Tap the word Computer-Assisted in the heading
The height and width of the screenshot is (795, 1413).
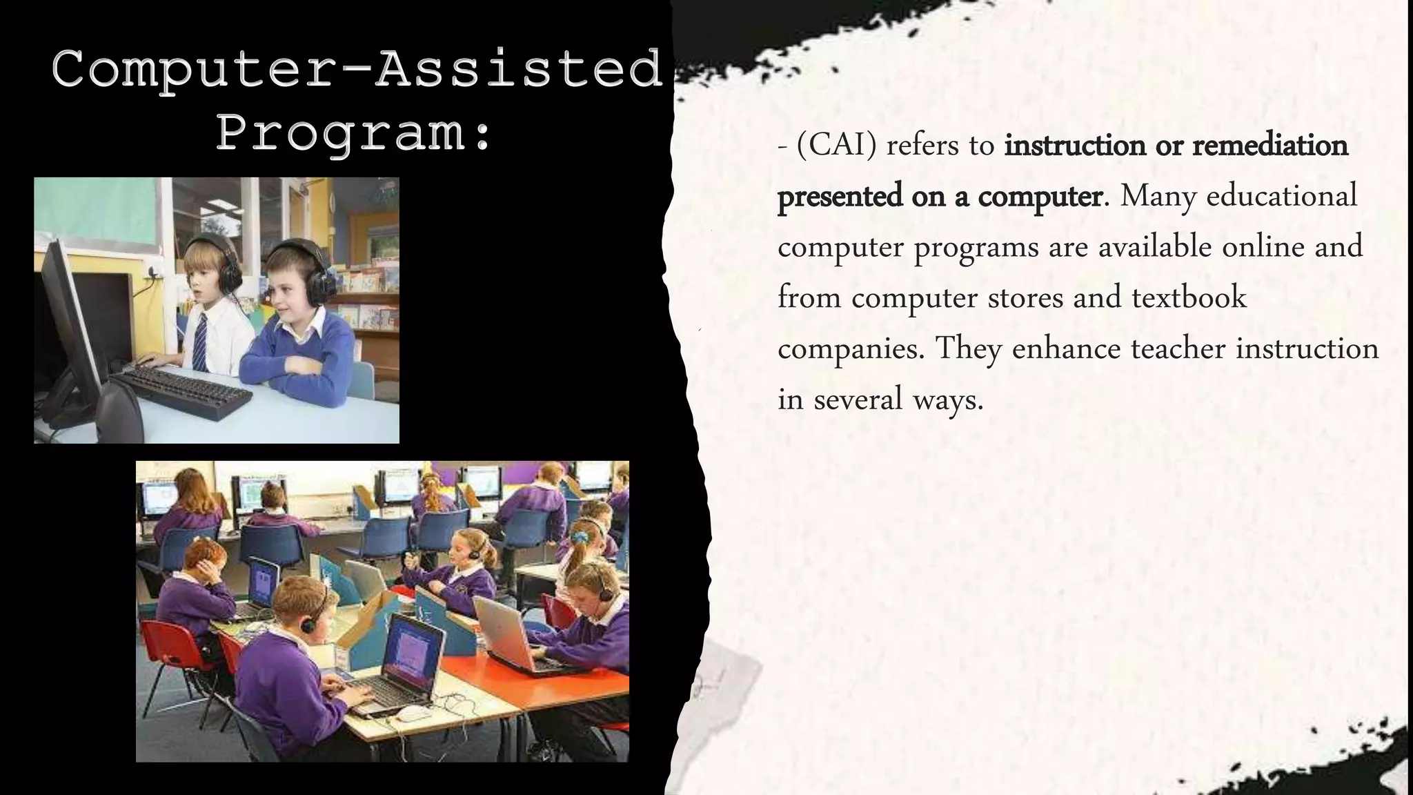click(357, 69)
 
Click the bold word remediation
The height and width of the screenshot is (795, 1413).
click(1269, 146)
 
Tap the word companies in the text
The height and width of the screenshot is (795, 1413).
click(850, 349)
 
